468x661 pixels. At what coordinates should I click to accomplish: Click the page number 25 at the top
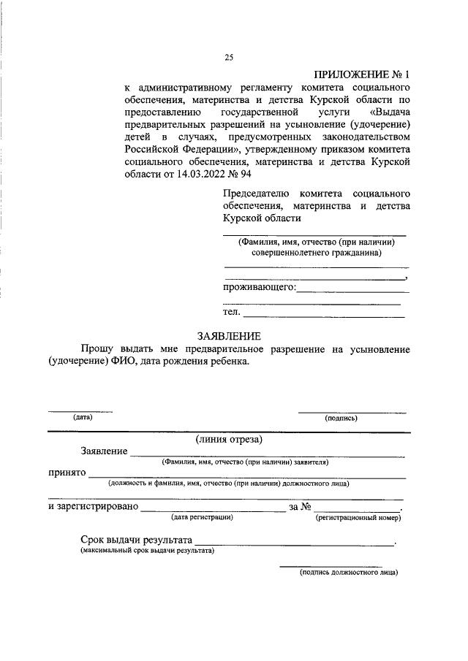point(228,58)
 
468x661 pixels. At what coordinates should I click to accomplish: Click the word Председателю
point(257,194)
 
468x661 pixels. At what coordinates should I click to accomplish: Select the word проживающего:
point(260,287)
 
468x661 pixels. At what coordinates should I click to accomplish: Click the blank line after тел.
point(324,316)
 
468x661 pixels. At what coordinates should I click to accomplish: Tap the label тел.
point(232,312)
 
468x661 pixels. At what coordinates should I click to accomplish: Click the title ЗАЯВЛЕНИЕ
point(228,336)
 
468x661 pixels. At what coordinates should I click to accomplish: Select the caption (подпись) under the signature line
point(341,419)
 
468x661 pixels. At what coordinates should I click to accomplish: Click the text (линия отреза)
point(228,440)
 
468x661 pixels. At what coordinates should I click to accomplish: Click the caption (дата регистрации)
point(202,517)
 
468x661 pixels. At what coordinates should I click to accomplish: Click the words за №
point(301,506)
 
